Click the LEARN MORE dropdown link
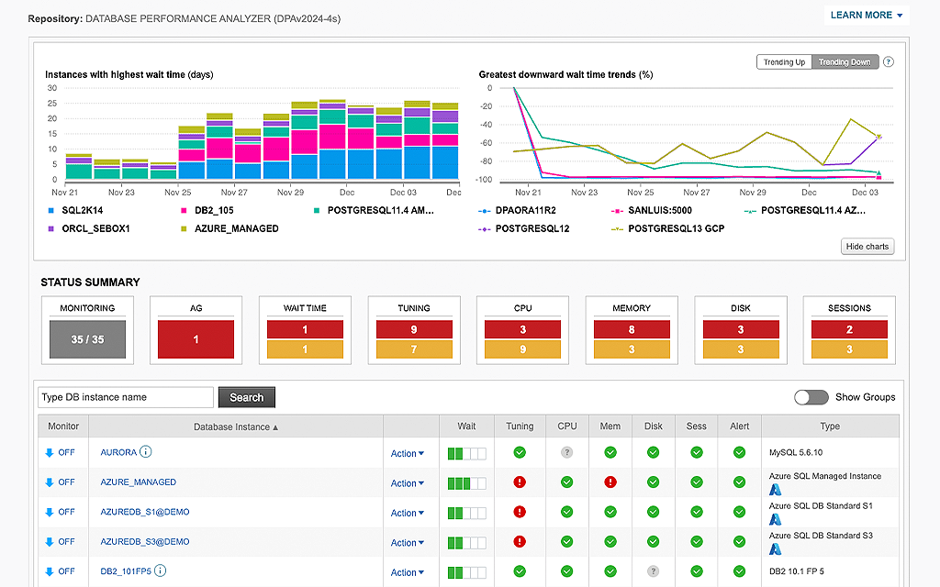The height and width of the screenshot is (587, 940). tap(867, 16)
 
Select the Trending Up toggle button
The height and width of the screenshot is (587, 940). tap(784, 62)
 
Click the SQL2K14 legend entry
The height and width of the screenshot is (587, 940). tap(82, 210)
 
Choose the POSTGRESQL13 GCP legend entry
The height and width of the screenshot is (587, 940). tap(676, 228)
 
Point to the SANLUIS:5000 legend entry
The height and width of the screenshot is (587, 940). tap(659, 210)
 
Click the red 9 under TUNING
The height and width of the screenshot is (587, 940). tap(414, 329)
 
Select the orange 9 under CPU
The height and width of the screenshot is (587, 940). tap(522, 349)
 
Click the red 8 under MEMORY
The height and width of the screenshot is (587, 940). tap(632, 329)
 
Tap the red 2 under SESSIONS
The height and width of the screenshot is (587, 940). tap(849, 329)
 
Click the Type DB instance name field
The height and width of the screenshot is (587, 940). tap(126, 397)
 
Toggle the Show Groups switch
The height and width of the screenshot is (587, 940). tap(811, 397)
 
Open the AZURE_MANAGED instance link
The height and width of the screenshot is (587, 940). tap(138, 482)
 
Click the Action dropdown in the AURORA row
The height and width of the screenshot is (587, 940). tap(408, 453)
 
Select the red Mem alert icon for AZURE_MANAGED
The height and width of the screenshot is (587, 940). tap(610, 482)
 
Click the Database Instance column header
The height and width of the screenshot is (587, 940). tap(235, 426)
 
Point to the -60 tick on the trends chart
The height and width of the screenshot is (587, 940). tap(487, 143)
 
